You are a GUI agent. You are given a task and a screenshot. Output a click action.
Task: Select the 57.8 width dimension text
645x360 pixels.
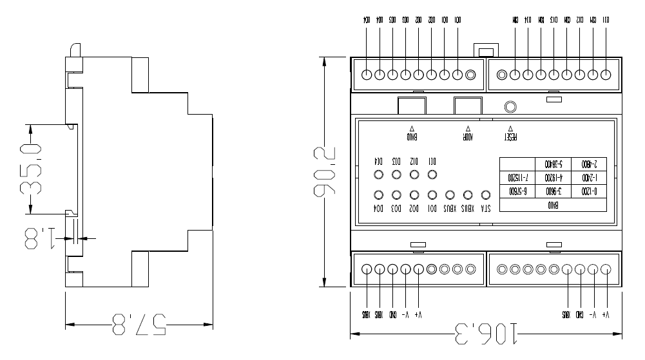pos(139,324)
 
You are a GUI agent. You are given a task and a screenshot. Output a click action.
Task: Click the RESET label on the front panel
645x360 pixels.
pos(510,137)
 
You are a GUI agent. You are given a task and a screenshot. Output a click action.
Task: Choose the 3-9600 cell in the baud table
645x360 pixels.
pos(554,191)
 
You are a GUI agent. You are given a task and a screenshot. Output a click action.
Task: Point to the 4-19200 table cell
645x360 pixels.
pos(554,177)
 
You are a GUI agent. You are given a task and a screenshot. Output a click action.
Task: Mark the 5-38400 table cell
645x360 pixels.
pos(554,164)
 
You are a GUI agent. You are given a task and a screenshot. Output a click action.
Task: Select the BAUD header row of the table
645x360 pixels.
pos(553,205)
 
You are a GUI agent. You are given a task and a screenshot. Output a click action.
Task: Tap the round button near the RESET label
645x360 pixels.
pos(510,106)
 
